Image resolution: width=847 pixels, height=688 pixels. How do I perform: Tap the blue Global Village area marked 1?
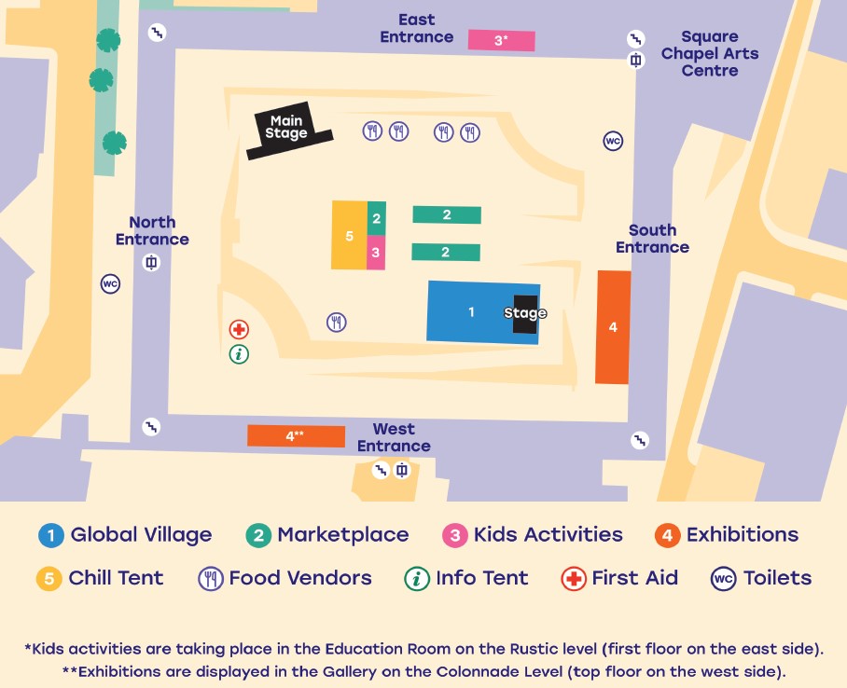pos(471,311)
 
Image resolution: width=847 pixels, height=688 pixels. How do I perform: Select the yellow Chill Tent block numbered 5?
pos(350,236)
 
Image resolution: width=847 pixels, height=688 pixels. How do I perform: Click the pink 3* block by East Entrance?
pos(501,40)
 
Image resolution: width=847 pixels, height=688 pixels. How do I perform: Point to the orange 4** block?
pos(296,435)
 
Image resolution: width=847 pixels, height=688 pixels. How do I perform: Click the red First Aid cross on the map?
pos(239,329)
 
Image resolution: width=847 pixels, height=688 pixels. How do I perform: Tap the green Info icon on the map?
pos(239,353)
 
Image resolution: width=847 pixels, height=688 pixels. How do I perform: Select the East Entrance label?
pos(416,29)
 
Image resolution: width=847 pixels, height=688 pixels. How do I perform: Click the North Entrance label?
pos(152,230)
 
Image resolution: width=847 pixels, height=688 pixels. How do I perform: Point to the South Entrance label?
pos(652,239)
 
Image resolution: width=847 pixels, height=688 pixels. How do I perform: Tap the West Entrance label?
pos(394,437)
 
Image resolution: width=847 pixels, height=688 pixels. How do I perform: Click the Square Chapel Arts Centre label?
pos(709,53)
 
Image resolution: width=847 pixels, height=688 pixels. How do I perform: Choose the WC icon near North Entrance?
pos(110,283)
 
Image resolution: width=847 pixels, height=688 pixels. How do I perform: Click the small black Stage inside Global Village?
pos(525,313)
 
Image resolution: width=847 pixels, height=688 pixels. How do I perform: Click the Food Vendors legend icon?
pos(211,578)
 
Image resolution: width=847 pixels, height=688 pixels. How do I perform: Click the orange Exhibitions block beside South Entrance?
pos(613,327)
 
